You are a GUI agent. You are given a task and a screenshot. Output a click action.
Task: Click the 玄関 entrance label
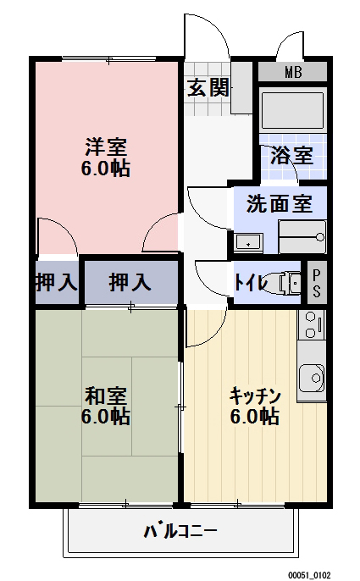tap(208, 86)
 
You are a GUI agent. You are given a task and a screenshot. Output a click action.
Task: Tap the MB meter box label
tap(292, 72)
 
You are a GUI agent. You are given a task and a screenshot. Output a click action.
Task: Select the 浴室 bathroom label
tap(292, 155)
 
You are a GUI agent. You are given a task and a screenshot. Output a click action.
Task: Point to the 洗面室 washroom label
tap(279, 203)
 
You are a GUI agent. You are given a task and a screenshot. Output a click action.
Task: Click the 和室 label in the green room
tap(105, 395)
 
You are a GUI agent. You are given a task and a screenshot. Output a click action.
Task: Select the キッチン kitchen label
tap(255, 395)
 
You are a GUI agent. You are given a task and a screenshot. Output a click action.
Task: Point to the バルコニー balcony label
tap(180, 533)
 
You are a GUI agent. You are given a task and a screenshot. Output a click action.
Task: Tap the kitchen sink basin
tap(311, 374)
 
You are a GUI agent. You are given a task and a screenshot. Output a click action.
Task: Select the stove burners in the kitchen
tap(311, 324)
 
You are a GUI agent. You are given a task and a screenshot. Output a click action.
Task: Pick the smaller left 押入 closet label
tap(56, 283)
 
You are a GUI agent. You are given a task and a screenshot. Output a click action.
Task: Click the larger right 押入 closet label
tap(130, 283)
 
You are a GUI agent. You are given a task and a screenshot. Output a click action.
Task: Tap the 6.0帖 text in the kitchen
tap(255, 417)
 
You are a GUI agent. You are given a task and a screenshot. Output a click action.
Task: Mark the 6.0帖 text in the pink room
tap(105, 168)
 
